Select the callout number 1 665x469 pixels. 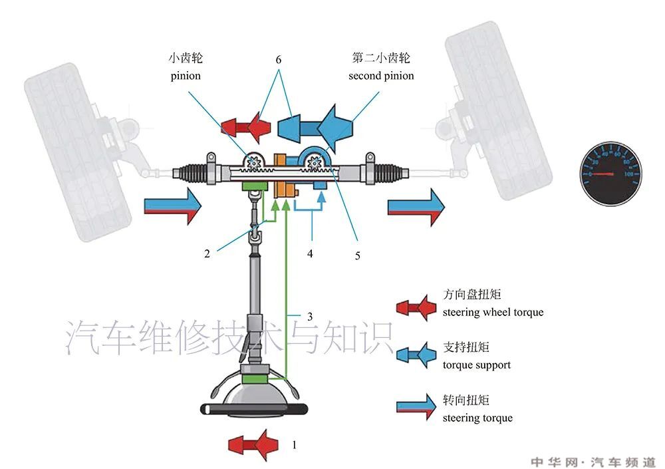tap(295, 444)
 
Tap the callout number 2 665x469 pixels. tap(207, 253)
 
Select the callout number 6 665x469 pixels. tap(278, 60)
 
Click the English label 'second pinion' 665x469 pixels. tap(381, 76)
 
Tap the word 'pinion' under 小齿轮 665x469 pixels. tap(185, 76)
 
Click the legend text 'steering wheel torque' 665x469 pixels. tap(493, 312)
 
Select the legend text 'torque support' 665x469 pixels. tap(476, 365)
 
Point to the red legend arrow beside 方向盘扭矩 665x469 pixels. tap(415, 306)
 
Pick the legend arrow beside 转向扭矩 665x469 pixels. tap(415, 408)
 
